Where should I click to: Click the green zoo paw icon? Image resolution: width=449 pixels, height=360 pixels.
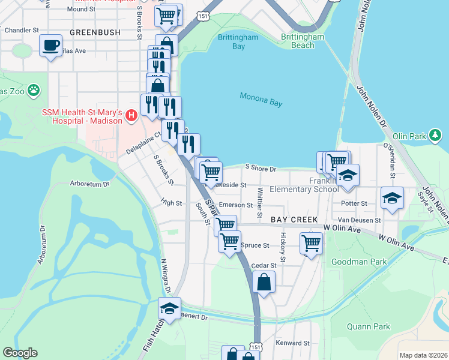34,91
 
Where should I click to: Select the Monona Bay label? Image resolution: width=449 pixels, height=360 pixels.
261,100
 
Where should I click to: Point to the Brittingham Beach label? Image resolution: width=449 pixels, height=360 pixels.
306,41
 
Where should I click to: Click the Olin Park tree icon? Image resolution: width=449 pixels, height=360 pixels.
436,136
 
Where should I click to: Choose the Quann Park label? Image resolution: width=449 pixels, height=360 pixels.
369,327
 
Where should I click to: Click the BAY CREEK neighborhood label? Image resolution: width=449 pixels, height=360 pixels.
294,220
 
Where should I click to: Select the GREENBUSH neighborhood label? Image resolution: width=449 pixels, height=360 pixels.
95,32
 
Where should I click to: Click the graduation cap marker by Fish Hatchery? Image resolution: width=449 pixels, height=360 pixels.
170,309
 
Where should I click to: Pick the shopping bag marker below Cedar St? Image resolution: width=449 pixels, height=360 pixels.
264,281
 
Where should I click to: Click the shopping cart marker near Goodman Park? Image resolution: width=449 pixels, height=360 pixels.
311,243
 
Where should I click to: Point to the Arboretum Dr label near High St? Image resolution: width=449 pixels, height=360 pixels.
90,184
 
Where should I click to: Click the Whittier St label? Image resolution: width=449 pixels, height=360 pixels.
260,203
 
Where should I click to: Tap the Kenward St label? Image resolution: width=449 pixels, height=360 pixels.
292,343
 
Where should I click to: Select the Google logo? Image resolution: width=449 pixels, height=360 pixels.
20,353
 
